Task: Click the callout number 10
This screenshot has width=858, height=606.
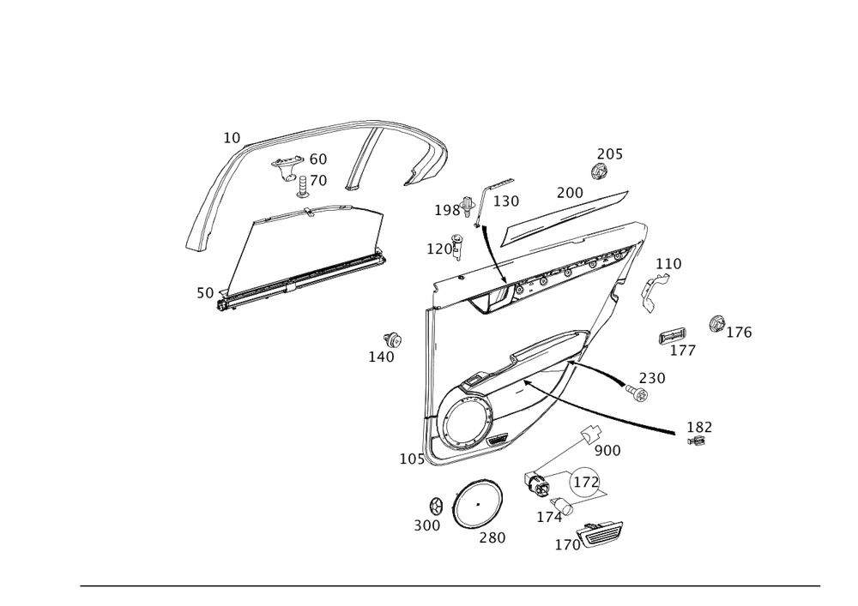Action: coord(232,136)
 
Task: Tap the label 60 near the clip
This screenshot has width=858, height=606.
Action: coord(317,159)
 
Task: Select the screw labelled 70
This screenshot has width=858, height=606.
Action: coord(305,183)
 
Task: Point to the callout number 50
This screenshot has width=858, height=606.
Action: coord(204,293)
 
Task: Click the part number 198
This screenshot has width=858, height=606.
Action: coord(445,210)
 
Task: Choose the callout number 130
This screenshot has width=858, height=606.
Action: coord(506,201)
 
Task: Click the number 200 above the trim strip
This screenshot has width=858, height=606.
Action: coord(569,191)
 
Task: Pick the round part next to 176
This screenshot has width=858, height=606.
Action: coord(713,323)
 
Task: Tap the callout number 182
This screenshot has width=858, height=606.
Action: coord(699,426)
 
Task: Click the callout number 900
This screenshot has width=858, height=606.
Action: coord(607,450)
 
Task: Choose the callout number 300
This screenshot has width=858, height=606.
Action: coord(426,525)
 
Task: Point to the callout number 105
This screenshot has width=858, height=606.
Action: coord(411,460)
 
